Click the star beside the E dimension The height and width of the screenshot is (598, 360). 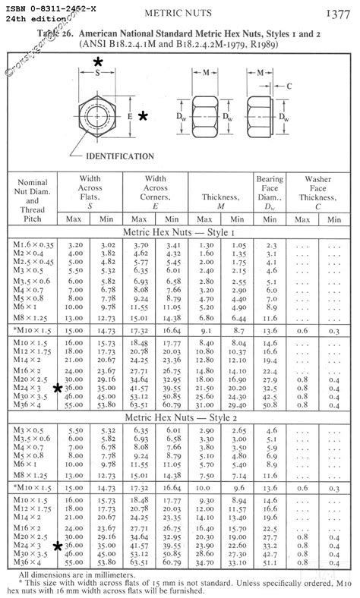143,116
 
